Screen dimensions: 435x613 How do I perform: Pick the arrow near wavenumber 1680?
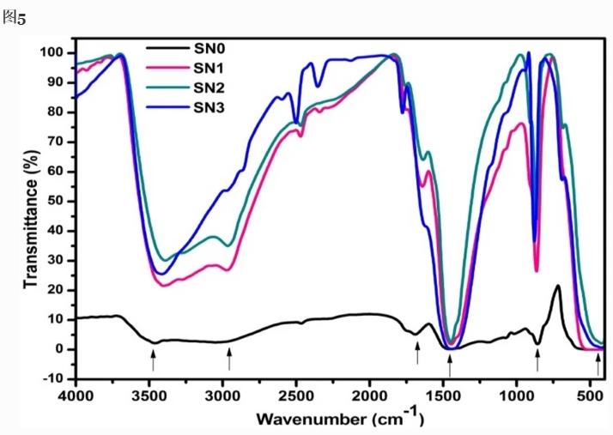pyautogui.click(x=417, y=352)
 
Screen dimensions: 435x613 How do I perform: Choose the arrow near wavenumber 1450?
pyautogui.click(x=450, y=364)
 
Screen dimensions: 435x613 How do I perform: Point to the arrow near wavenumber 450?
pyautogui.click(x=598, y=365)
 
